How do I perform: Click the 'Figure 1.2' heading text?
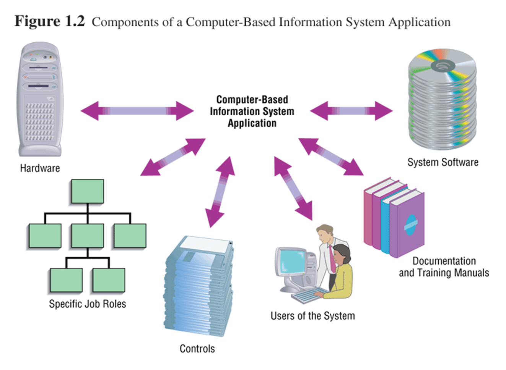coord(49,21)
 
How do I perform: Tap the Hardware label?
coord(40,168)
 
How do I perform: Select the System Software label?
coord(443,162)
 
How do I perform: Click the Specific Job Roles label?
coord(87,304)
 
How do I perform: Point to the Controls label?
coord(197,349)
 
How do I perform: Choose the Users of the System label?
coord(312,316)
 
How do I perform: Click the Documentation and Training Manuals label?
coord(444,267)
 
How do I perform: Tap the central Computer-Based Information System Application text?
coord(252,111)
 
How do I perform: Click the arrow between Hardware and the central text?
coord(137,111)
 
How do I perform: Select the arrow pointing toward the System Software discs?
coord(351,111)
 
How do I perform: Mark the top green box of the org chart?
coord(88,191)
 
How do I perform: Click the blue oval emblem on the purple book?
coord(411,225)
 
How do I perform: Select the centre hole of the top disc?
coord(443,66)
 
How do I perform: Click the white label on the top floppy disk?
coord(205,243)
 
